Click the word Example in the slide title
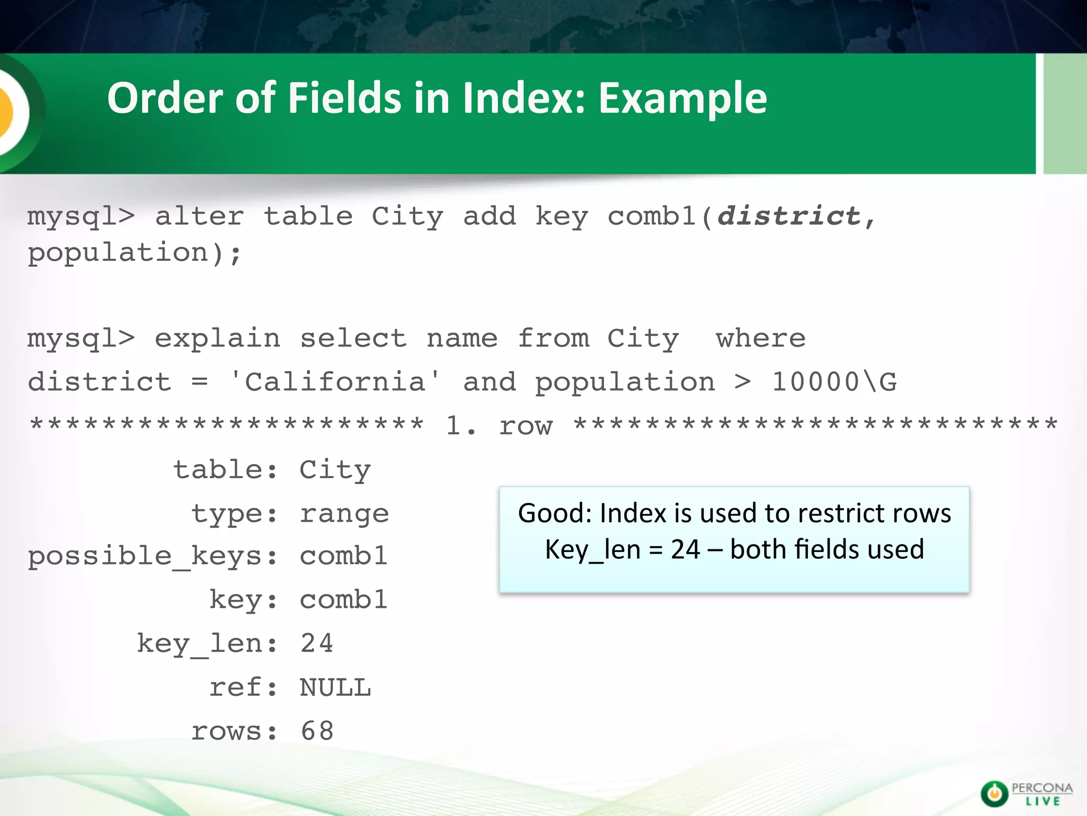point(683,98)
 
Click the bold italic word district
point(789,216)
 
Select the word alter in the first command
point(199,216)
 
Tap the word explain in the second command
point(217,339)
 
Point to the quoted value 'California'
point(335,382)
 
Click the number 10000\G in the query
point(834,382)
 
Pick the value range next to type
point(344,514)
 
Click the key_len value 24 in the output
point(317,643)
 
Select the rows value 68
point(317,731)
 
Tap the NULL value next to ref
point(335,687)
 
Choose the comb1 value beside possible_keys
point(343,556)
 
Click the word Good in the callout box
point(554,513)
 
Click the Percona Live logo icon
point(994,794)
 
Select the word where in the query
point(761,339)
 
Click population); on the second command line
point(135,252)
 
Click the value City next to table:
point(335,470)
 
